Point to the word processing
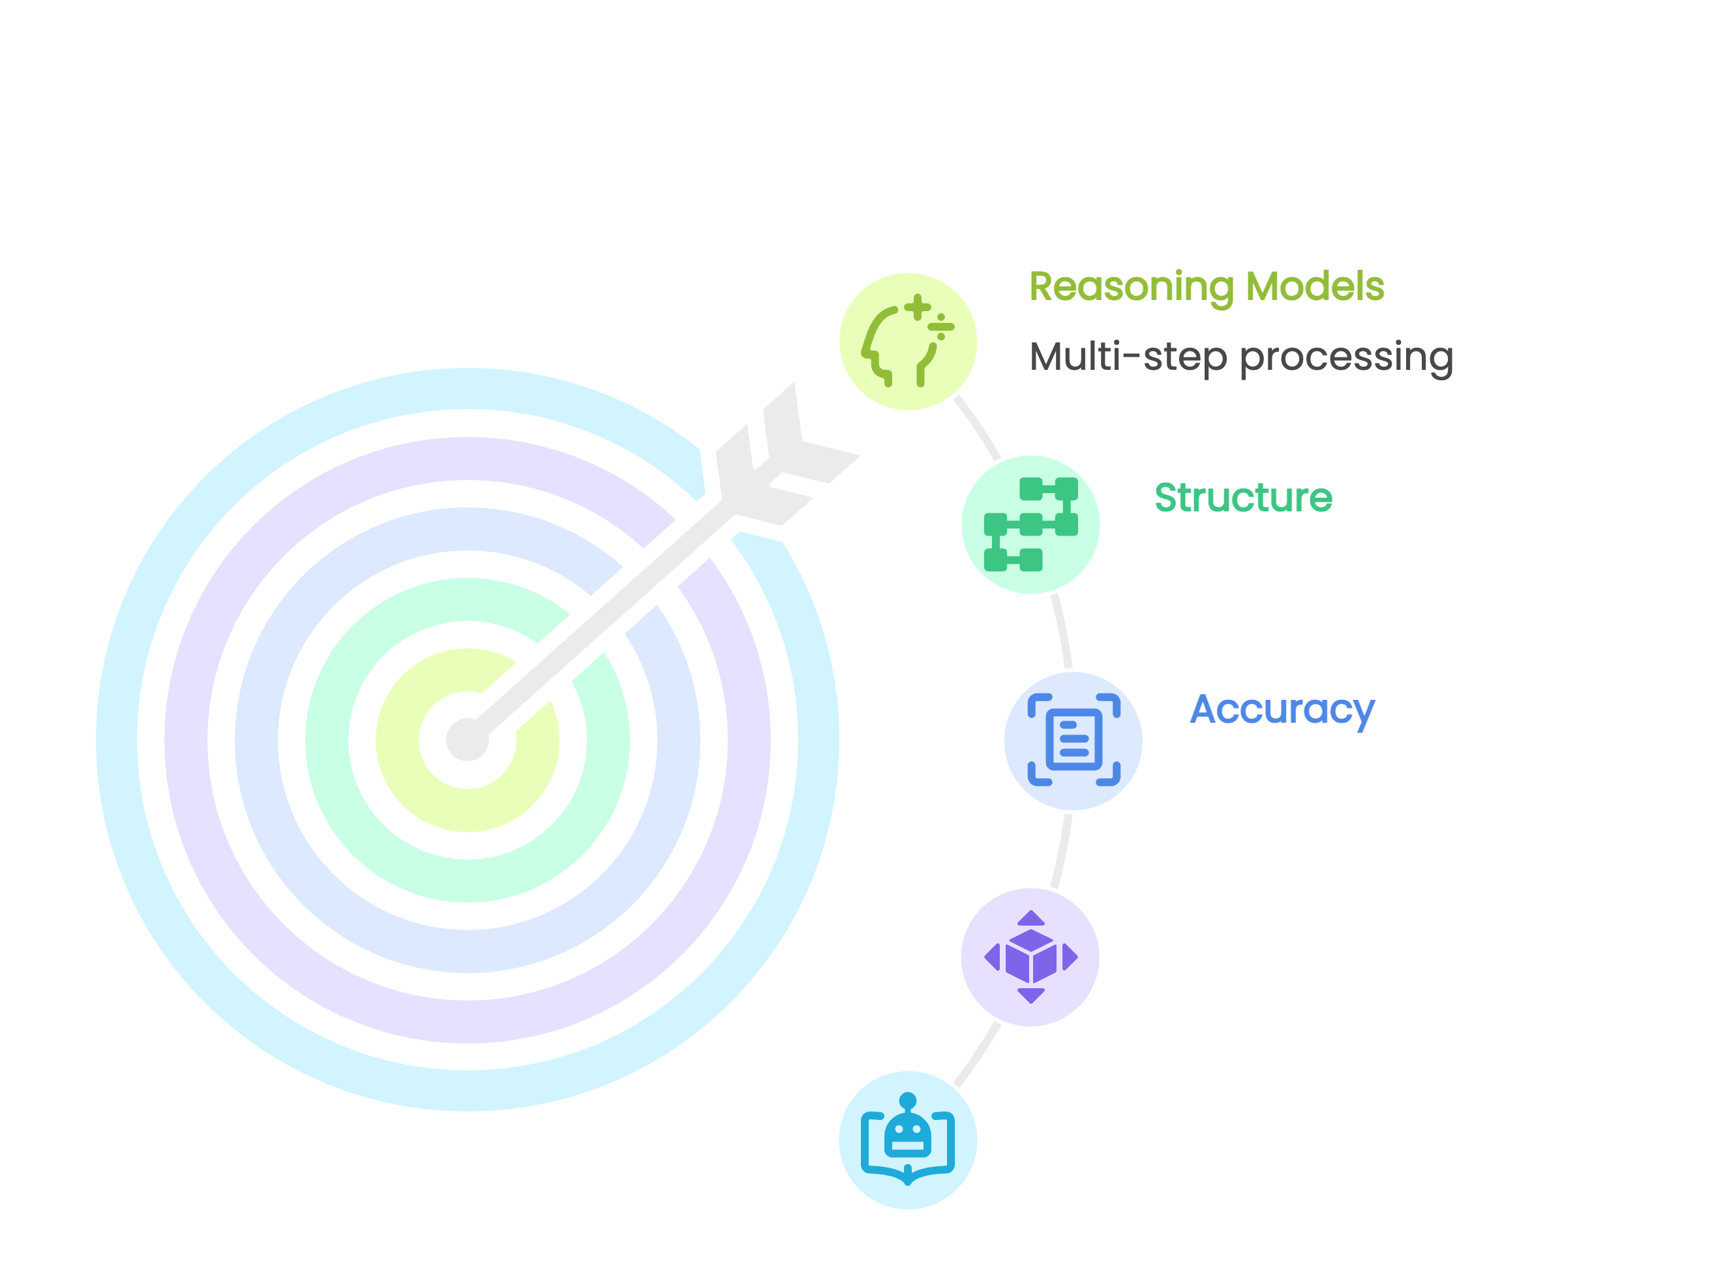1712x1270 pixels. click(x=1346, y=358)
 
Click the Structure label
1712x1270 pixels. click(x=1243, y=498)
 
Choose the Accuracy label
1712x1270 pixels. click(x=1282, y=710)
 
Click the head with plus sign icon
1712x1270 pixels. click(x=907, y=340)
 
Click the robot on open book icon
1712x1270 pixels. click(x=907, y=1140)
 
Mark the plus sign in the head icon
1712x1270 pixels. click(x=917, y=309)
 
